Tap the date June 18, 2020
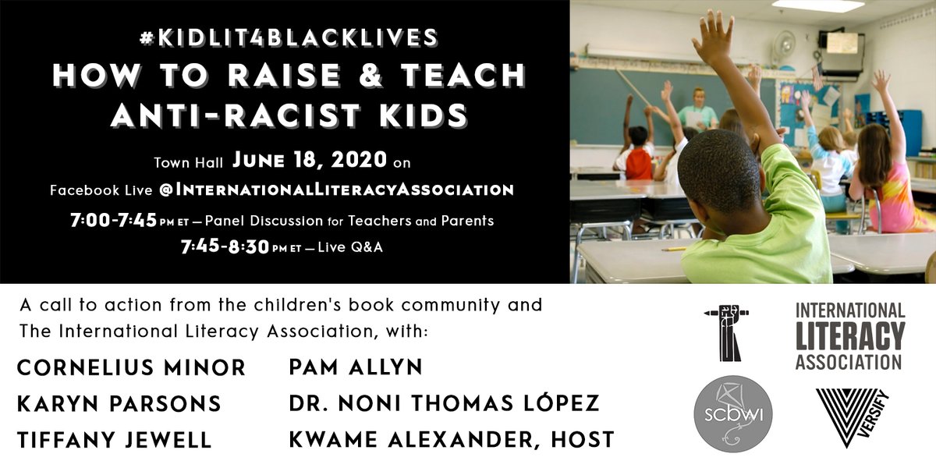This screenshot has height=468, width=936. point(310,161)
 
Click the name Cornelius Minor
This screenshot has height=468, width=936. point(131,367)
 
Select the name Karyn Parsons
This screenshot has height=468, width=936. point(119,403)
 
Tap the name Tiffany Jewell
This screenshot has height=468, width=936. point(114,439)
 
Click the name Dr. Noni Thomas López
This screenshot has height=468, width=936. point(444,403)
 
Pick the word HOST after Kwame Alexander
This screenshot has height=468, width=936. point(578,439)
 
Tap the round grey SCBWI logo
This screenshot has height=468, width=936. point(733,413)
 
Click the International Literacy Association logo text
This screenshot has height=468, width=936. point(849,336)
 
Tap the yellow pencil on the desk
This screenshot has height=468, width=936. point(674,249)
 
